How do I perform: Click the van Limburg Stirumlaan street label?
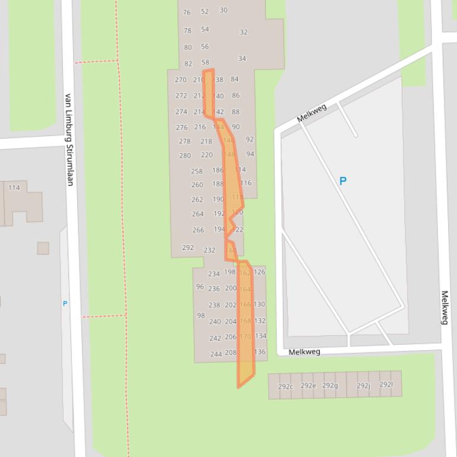coord(69,139)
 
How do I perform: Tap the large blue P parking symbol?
coord(342,181)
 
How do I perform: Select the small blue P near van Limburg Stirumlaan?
coord(65,303)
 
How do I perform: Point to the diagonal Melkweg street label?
coord(312,113)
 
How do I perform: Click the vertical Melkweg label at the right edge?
coord(445,307)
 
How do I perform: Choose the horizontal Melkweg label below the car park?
coord(304,352)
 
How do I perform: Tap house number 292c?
coord(285,386)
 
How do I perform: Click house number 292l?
coord(386,384)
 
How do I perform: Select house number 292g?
coord(330,385)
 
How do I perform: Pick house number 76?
coord(187,12)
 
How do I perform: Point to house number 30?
coord(223,9)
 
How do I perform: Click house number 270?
coord(181,80)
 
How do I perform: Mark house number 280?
coord(185,155)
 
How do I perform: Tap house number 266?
coord(198,230)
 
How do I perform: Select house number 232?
coord(209,250)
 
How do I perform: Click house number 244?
coord(216,354)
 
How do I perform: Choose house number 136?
coord(260,351)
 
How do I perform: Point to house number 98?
coord(201,316)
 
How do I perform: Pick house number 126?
coord(260,272)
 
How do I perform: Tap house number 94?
coord(250,154)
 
